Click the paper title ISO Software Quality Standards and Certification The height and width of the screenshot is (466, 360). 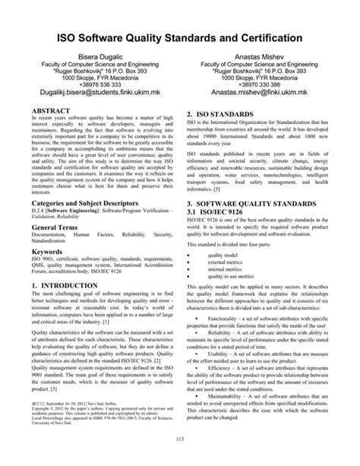pos(180,39)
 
